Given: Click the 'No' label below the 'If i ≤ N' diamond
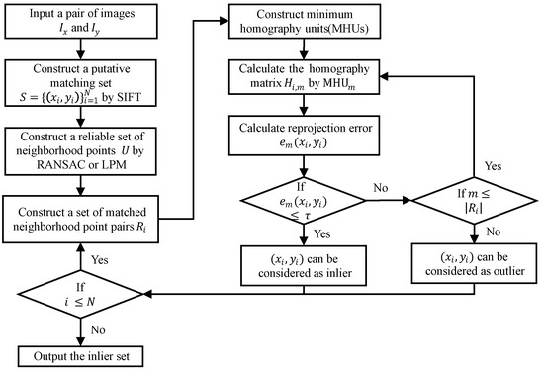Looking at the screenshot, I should pyautogui.click(x=99, y=330).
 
